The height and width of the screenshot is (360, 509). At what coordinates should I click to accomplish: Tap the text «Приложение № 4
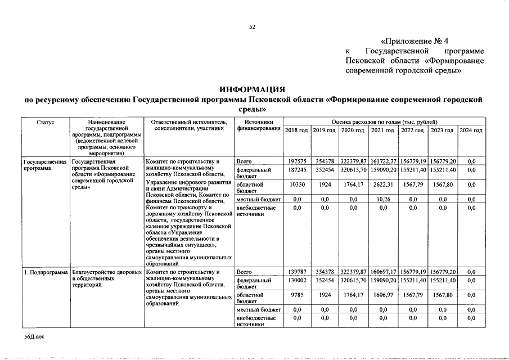tap(415, 41)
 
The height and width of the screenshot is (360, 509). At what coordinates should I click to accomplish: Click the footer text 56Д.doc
tap(34, 336)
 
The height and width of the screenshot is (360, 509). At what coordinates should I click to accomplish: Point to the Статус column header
tap(46, 121)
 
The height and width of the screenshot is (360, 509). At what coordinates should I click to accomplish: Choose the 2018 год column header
tap(296, 130)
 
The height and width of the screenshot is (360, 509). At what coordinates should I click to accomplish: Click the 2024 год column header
tap(471, 130)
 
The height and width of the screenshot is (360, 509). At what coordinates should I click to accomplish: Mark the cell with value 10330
tap(296, 184)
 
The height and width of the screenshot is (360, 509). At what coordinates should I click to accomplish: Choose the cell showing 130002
tap(296, 280)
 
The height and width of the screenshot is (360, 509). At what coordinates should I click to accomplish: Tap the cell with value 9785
tap(296, 294)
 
